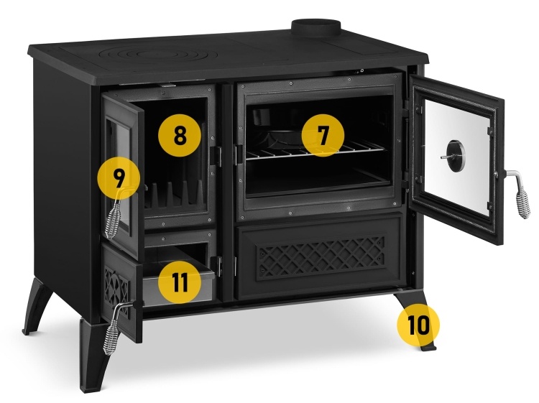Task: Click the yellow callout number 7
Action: (322, 135)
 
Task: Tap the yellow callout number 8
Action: (178, 134)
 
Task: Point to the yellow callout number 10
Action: (418, 324)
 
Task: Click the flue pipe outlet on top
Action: (315, 27)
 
